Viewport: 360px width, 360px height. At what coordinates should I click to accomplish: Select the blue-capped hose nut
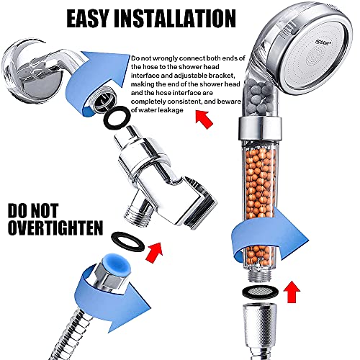point(108,278)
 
